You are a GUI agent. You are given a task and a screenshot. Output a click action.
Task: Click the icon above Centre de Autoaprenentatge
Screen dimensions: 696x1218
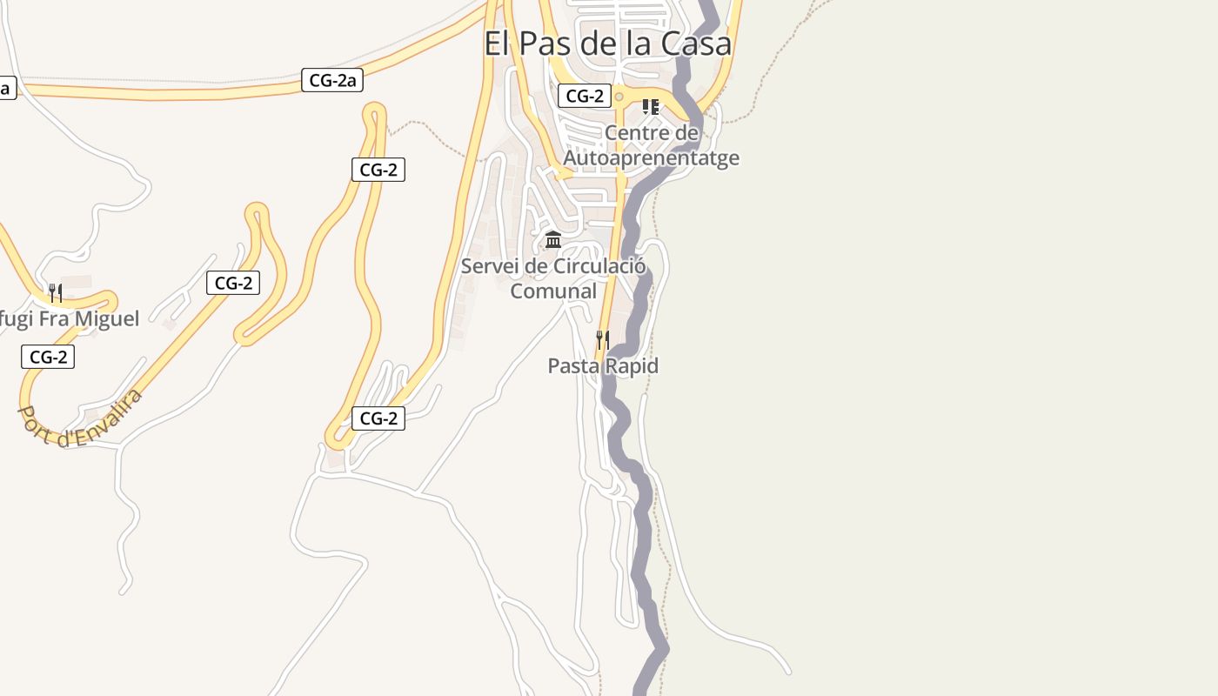[x=650, y=107]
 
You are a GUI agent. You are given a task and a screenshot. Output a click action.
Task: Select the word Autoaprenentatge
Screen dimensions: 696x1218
[x=651, y=157]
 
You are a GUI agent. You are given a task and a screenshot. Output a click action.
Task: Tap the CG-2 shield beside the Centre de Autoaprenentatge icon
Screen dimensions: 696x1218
[x=584, y=96]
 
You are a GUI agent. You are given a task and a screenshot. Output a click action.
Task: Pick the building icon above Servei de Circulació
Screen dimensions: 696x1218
[x=552, y=239]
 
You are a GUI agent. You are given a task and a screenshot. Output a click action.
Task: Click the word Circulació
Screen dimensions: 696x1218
[x=599, y=266]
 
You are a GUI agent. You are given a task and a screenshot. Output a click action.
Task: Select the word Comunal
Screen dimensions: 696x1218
[x=553, y=291]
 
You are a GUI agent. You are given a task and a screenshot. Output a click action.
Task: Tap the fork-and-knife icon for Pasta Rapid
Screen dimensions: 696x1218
[x=602, y=339]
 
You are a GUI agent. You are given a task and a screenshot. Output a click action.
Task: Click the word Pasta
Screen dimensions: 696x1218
[x=573, y=366]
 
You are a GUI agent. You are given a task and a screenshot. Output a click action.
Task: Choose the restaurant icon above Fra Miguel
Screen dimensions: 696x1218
[x=55, y=292]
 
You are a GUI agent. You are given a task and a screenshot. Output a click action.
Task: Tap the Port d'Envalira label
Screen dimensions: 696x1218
[x=79, y=418]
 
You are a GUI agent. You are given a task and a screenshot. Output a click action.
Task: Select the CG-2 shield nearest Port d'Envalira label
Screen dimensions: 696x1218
[x=48, y=357]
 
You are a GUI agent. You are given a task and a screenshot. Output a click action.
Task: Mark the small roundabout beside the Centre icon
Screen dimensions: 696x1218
[x=619, y=97]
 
